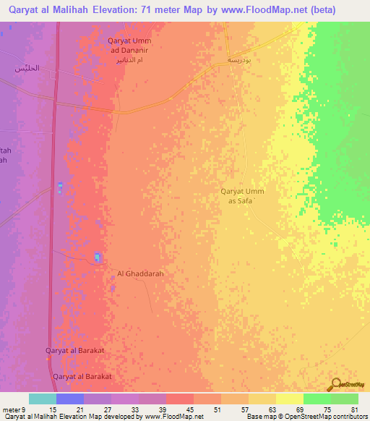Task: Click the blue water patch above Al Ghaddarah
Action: coord(97,258)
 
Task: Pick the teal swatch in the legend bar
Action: coord(42,399)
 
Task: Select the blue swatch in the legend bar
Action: coord(69,399)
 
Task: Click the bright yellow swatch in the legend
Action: coord(289,399)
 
